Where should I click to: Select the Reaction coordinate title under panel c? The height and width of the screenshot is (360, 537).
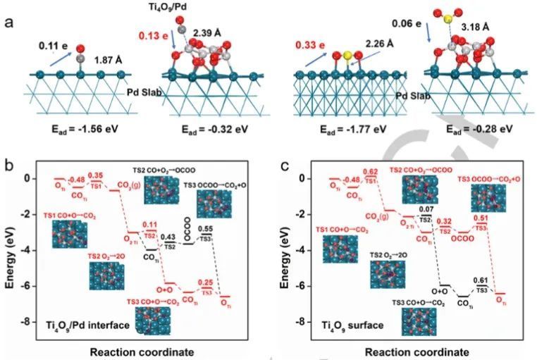(x=407, y=351)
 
